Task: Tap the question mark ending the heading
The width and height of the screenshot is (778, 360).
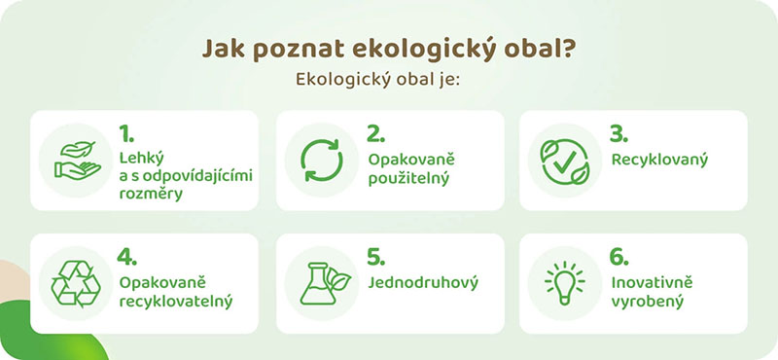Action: pyautogui.click(x=566, y=49)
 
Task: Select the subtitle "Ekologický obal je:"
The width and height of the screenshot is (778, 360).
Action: pyautogui.click(x=389, y=80)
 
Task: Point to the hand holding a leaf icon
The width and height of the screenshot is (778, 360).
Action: pyautogui.click(x=77, y=161)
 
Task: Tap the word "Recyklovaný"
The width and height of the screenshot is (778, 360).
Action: pyautogui.click(x=657, y=159)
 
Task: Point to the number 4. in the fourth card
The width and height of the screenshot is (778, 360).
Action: pyautogui.click(x=127, y=257)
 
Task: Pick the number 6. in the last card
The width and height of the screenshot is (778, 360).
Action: pyautogui.click(x=619, y=257)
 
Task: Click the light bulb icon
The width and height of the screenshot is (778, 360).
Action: pyautogui.click(x=563, y=283)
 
